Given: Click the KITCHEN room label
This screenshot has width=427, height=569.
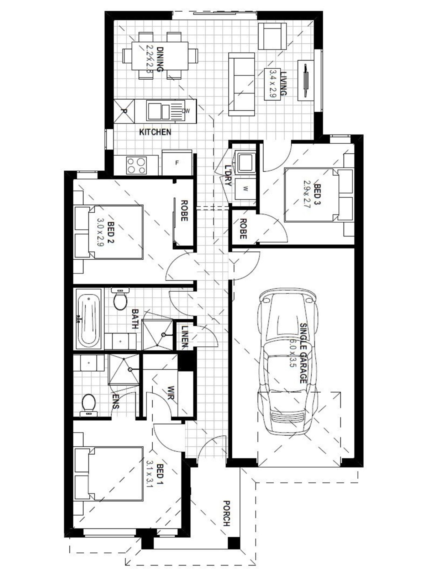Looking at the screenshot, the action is point(155,132).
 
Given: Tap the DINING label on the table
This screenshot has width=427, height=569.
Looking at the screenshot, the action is point(160,59).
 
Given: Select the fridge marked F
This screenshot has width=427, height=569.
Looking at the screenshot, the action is point(177,163).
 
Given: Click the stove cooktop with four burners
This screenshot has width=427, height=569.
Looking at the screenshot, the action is point(136,166).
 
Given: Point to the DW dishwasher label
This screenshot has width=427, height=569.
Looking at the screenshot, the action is point(186,111).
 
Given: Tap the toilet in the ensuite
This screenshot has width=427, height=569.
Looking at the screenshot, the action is point(89,405).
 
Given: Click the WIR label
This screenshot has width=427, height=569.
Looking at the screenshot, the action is point(171,393).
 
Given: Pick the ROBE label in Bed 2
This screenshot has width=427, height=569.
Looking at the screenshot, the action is point(184,210).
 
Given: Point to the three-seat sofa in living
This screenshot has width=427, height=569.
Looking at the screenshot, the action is point(241,84).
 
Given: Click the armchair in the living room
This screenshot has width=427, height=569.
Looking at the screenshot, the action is point(273,36).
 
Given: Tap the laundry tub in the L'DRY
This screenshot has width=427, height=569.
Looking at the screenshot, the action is point(245,162).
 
